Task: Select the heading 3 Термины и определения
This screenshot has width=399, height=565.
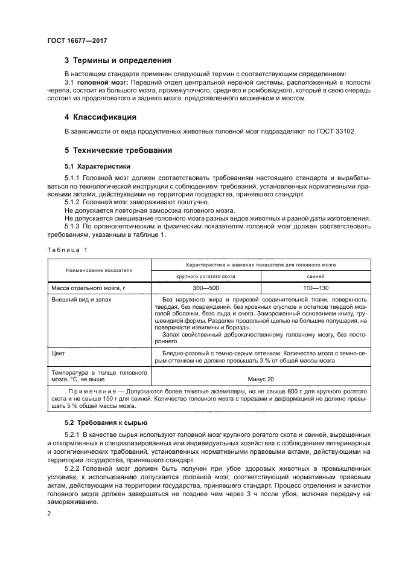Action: coord(118,60)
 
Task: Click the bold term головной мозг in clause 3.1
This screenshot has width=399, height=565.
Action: coord(98,81)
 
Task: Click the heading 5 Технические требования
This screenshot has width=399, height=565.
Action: coord(118,150)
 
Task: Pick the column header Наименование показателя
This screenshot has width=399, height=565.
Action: coord(100,270)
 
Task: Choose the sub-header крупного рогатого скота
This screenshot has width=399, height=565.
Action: coord(205,276)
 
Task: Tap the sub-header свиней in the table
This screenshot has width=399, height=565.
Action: coord(307,276)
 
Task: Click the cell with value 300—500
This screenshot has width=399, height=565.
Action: coord(205,288)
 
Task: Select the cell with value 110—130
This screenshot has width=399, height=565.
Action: coord(307,288)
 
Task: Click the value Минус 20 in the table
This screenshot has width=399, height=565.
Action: coord(261,378)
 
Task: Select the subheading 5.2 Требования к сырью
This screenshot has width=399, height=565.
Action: coord(101,422)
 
